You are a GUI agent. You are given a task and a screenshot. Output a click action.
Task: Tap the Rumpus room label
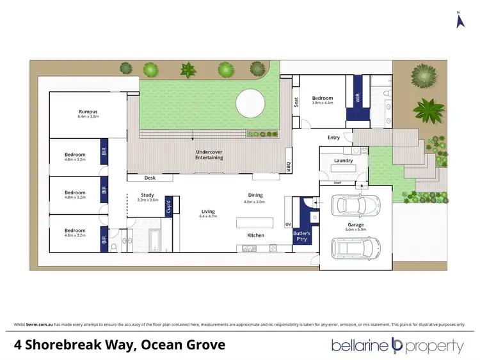(x=88, y=112)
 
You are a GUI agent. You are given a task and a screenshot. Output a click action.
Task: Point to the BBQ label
(x=289, y=167)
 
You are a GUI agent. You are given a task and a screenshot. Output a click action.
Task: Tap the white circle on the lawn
(x=250, y=103)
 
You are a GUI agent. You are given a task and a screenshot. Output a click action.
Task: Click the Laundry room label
(x=344, y=160)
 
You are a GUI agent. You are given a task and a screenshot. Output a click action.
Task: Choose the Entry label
(x=333, y=137)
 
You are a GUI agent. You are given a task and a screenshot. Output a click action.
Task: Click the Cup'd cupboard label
(x=170, y=207)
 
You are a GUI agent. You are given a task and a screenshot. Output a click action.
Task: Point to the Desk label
(x=150, y=178)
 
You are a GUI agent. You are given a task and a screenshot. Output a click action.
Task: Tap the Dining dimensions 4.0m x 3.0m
(x=255, y=202)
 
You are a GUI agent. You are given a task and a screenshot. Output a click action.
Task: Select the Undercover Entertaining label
(x=209, y=154)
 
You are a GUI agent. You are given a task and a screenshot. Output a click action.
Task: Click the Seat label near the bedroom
(x=296, y=102)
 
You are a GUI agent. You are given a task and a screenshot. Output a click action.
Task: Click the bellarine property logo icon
(x=396, y=346)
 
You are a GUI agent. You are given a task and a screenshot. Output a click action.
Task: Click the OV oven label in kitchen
(x=287, y=224)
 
